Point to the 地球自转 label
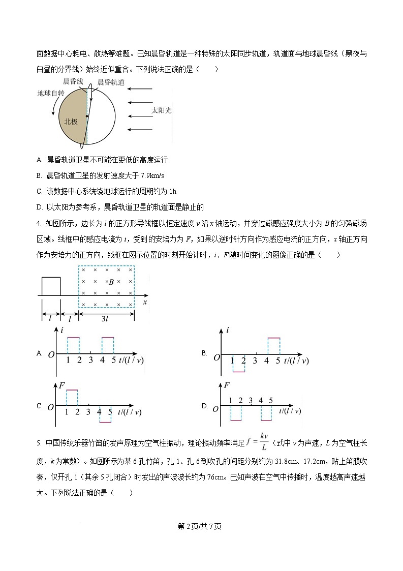[51, 94]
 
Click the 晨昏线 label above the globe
[73, 81]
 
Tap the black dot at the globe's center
[87, 116]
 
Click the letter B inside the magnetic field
[111, 281]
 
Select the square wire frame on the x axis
[51, 286]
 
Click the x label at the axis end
[145, 302]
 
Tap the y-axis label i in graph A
[61, 330]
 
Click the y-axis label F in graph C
[61, 385]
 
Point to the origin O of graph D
[215, 409]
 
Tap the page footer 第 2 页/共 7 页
[200, 526]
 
